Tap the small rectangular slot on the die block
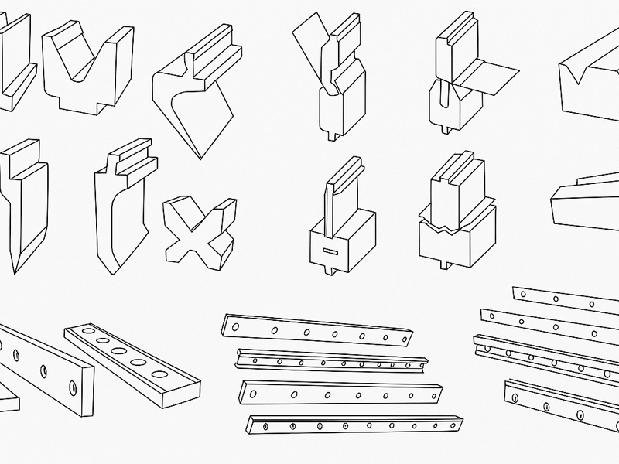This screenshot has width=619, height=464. coord(330,251)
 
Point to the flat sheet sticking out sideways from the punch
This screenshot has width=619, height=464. coord(487,76)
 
